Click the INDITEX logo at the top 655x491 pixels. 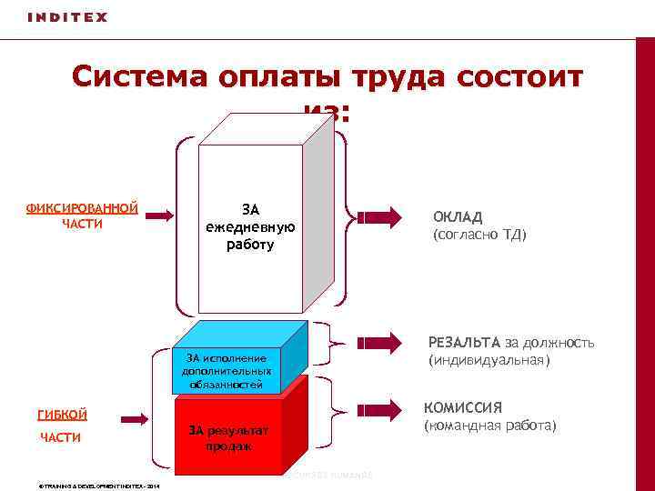coord(67,17)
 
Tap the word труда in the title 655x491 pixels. coord(382,78)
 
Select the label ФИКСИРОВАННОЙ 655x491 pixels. coord(82,208)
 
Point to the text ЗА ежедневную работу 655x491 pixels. coord(250,227)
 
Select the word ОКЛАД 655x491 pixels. coord(458,216)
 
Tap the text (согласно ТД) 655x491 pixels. coord(479,235)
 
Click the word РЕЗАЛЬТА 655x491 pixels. coord(464,342)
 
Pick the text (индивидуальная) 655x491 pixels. coord(489,360)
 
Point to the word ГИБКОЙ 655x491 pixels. coord(62,415)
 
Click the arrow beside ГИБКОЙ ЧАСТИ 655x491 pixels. coord(134,419)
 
